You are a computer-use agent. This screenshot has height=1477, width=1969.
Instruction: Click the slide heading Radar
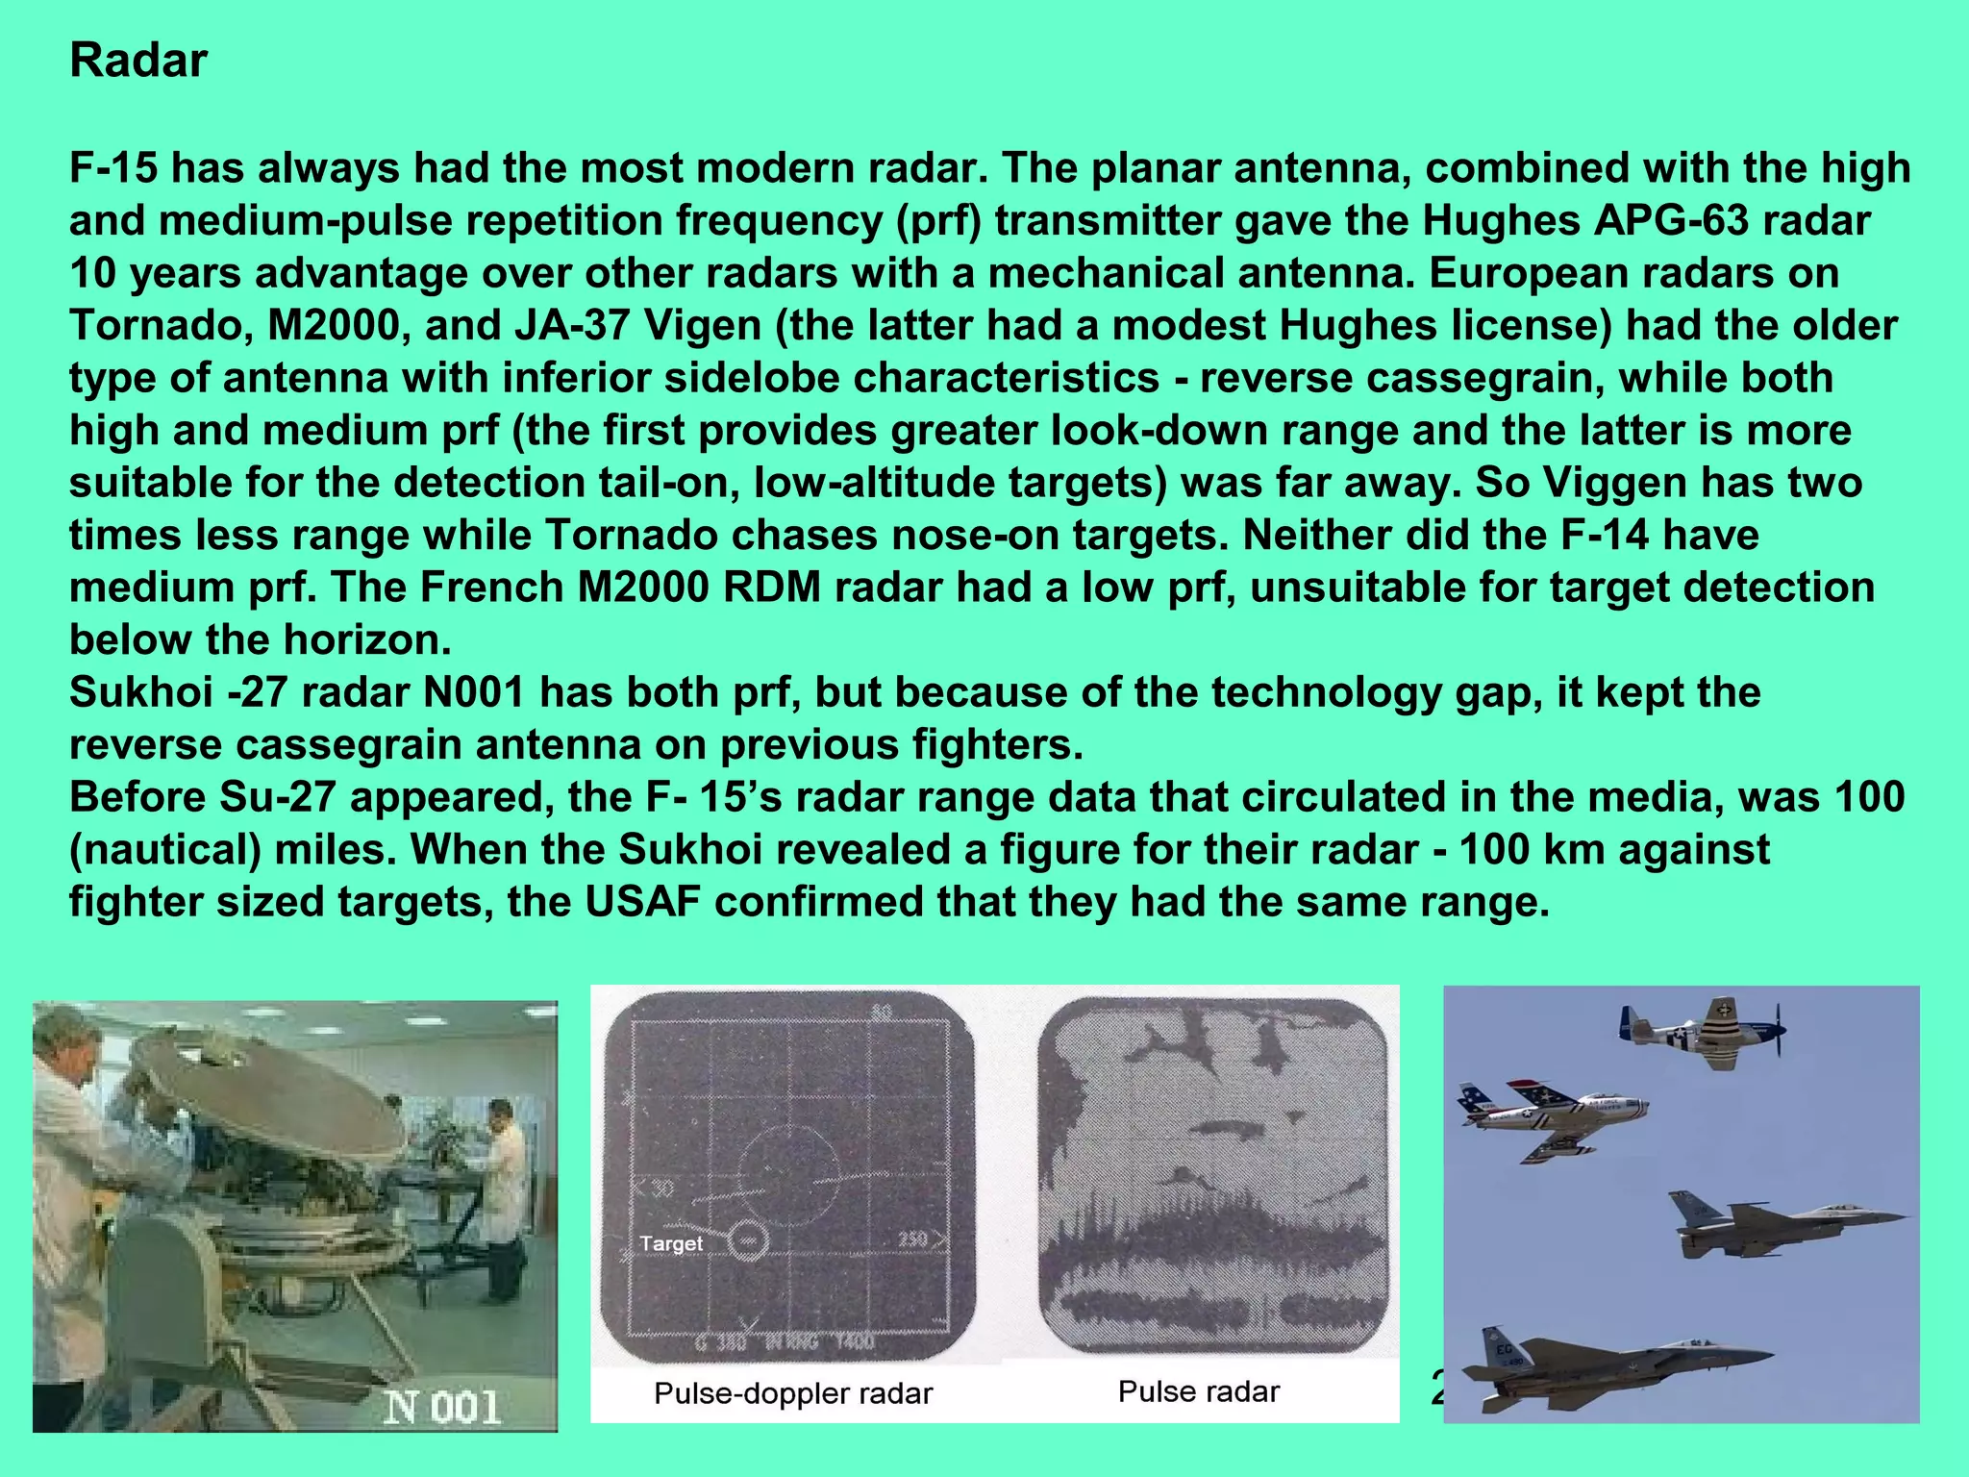click(138, 61)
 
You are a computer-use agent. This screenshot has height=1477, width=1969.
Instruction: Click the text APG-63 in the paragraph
click(1663, 220)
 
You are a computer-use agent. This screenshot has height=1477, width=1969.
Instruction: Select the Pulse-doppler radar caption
click(793, 1393)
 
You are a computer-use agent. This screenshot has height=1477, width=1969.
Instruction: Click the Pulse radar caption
click(1199, 1391)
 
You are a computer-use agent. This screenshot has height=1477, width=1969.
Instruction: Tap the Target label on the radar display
click(671, 1243)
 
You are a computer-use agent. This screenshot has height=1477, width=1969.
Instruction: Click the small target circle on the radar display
click(748, 1240)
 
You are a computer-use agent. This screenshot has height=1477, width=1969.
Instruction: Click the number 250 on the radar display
click(912, 1239)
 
